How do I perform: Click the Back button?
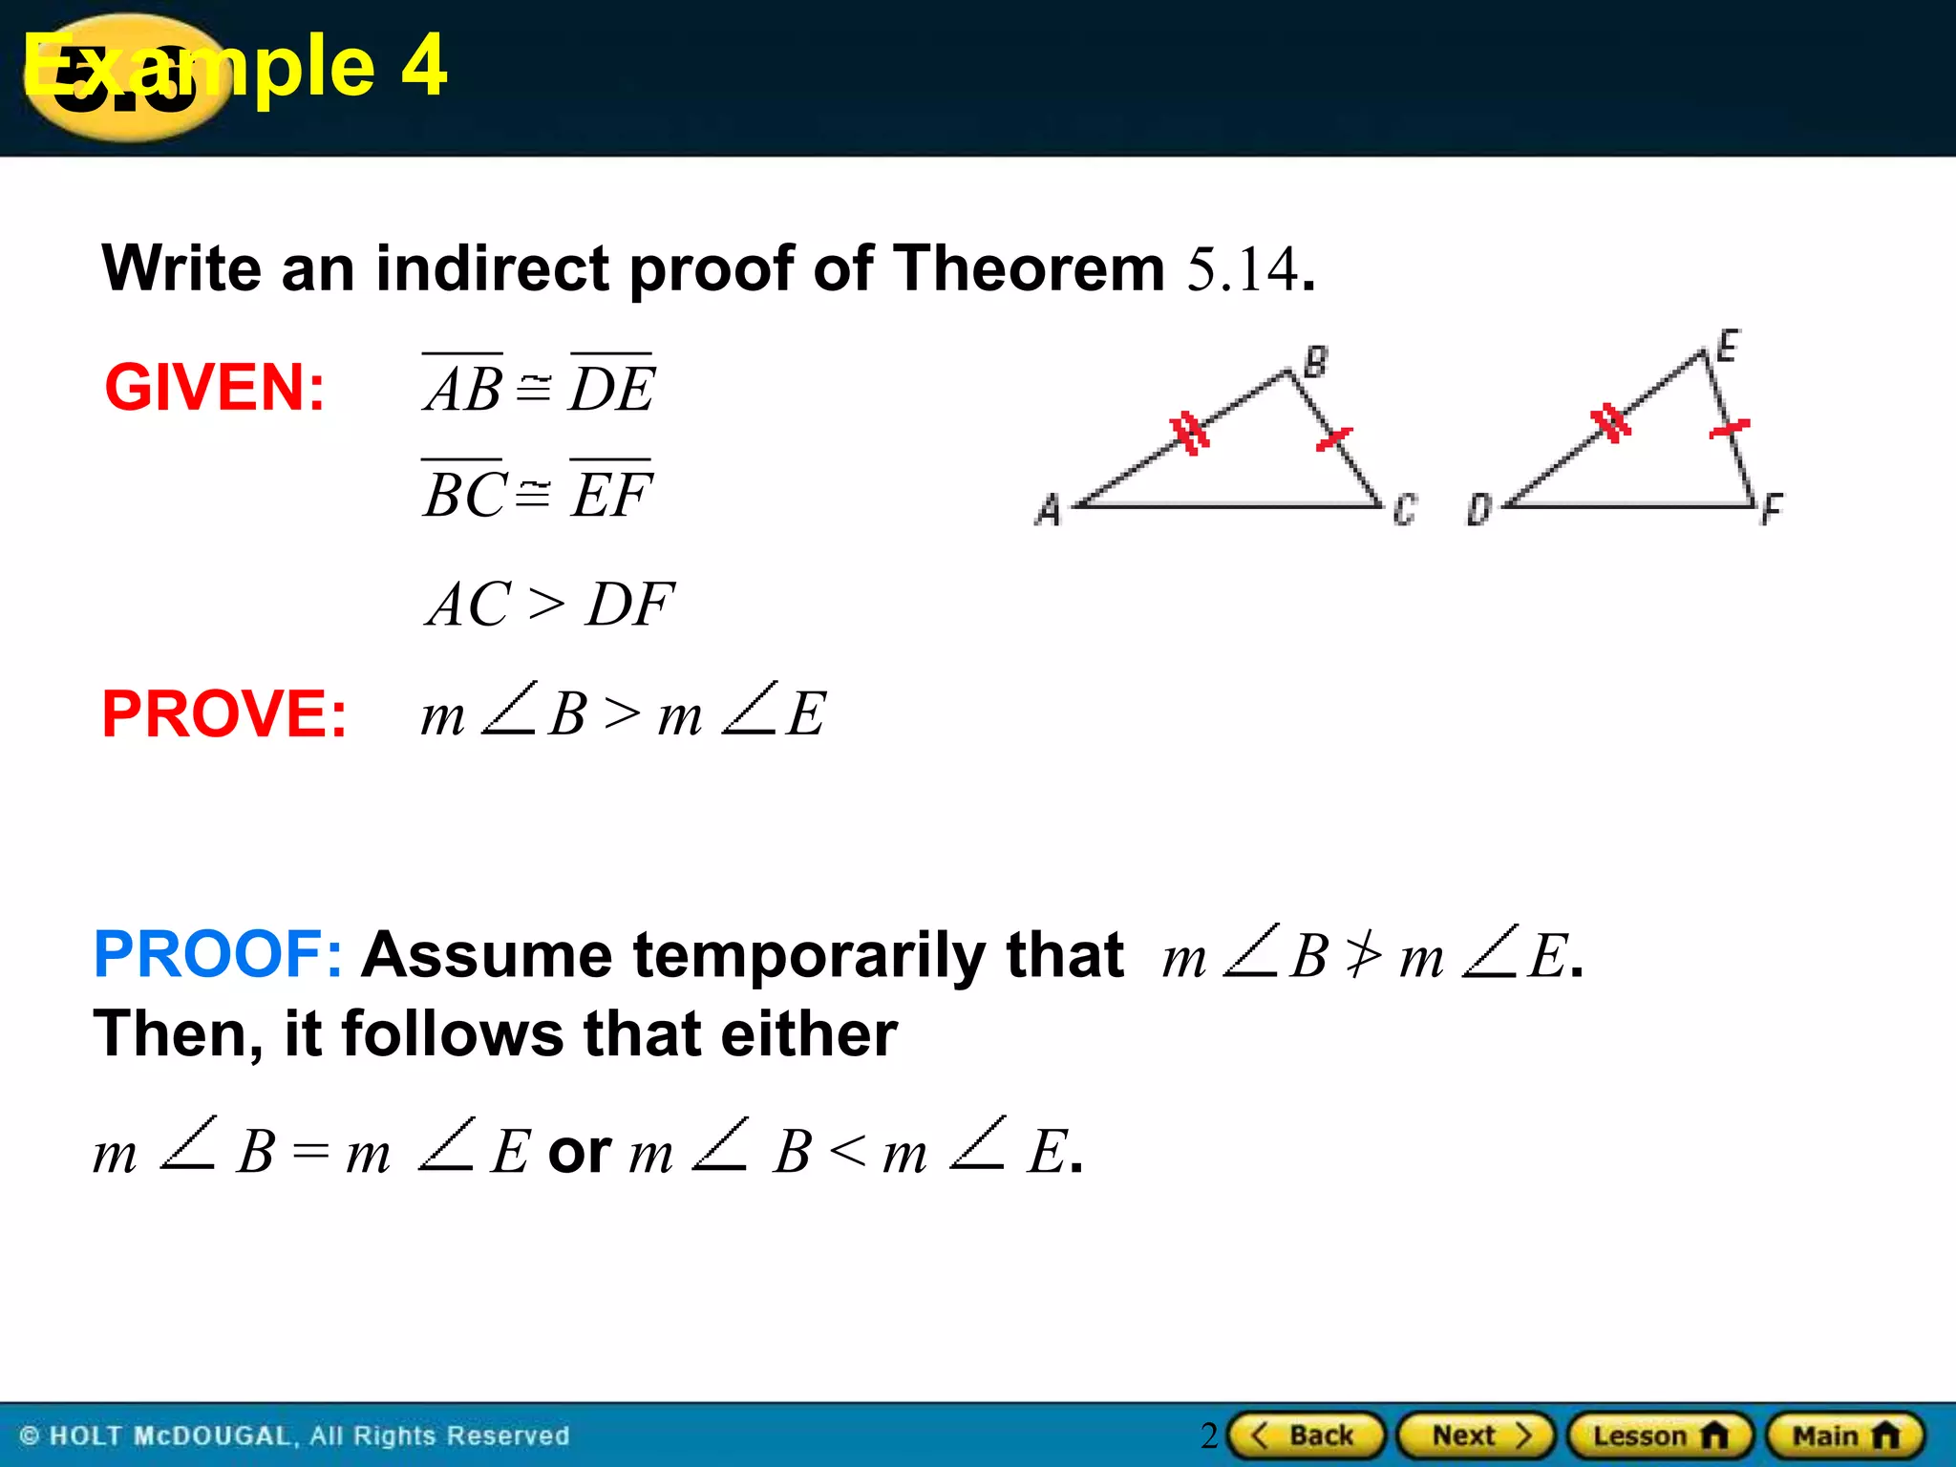pos(1306,1435)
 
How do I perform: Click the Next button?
pos(1477,1435)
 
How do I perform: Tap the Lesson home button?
pos(1660,1435)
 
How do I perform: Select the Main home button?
pos(1845,1435)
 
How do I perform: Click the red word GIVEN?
pos(215,388)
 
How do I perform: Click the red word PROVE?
pos(224,714)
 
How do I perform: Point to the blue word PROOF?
pos(218,954)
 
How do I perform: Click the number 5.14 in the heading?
pos(1242,269)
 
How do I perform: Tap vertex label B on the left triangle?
pos(1315,362)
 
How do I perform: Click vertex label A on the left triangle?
pos(1049,509)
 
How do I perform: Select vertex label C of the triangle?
pos(1404,509)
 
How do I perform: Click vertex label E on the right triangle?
pos(1728,345)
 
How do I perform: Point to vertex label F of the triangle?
pos(1772,509)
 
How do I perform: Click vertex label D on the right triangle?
pos(1478,509)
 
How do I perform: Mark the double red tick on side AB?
pos(1190,433)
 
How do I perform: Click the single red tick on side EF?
pos(1730,428)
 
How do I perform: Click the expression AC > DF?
pos(550,605)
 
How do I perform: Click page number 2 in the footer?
pos(1209,1435)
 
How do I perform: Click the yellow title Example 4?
pos(235,65)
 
